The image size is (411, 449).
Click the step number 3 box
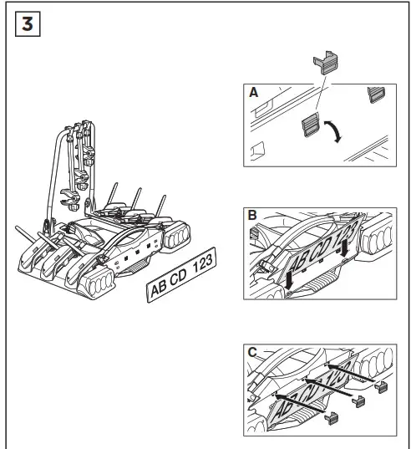28,24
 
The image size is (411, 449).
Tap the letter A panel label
253,93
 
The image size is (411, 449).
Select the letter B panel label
252,216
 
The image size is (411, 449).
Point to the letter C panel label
252,352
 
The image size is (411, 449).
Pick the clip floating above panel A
326,63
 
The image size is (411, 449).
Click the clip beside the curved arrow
310,125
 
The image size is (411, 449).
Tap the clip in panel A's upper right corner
376,94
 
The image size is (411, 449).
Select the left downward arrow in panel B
289,280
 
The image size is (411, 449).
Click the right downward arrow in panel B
345,247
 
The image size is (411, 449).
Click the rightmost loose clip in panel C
382,387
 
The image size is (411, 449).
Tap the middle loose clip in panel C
358,401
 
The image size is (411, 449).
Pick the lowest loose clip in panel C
332,418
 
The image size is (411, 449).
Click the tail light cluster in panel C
377,363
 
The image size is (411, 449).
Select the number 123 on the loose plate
203,263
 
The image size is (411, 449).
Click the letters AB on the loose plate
159,288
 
